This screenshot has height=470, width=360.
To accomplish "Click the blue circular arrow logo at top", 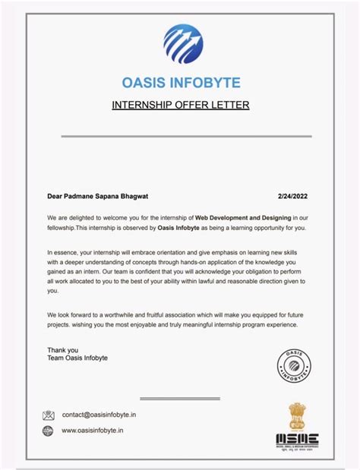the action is point(182,43).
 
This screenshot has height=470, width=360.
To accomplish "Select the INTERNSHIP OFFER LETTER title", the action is point(181,105).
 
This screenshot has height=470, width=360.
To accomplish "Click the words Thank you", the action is point(62,350).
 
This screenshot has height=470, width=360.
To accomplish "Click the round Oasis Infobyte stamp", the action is point(294,367).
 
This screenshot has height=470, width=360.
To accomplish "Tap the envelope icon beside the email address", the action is point(49,415).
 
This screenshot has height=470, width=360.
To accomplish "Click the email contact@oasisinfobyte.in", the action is point(99,415).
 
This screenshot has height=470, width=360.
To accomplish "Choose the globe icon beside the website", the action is point(49,431).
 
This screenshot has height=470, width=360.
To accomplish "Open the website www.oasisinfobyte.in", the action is point(92,431).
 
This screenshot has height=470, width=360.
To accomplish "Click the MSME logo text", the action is point(297,439).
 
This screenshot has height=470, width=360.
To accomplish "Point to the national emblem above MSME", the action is point(297,416).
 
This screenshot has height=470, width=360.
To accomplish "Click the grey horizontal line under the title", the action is point(185,137).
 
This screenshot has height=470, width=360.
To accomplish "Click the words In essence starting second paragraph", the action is point(62,251).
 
